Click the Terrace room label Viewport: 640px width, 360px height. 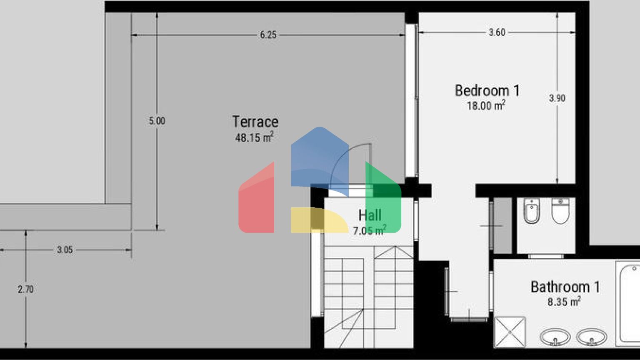pyautogui.click(x=255, y=122)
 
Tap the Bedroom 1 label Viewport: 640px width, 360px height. pyautogui.click(x=487, y=91)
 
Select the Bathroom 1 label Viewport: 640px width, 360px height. pyautogui.click(x=565, y=287)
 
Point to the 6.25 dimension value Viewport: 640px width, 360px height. pyautogui.click(x=268, y=35)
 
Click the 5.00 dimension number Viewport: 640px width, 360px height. pyautogui.click(x=157, y=121)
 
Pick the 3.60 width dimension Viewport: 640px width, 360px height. pyautogui.click(x=497, y=32)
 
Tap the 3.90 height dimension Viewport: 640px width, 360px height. pyautogui.click(x=557, y=99)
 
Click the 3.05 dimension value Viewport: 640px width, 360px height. pyautogui.click(x=65, y=250)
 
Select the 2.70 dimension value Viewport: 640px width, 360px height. pyautogui.click(x=26, y=290)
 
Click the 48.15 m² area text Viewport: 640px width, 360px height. pyautogui.click(x=254, y=137)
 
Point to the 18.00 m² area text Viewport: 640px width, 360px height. pyautogui.click(x=486, y=105)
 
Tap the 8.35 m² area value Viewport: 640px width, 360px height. pyautogui.click(x=564, y=302)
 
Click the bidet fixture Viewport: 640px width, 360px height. pyautogui.click(x=531, y=211)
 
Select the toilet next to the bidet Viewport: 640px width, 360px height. pyautogui.click(x=560, y=211)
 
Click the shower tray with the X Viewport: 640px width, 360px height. pyautogui.click(x=510, y=332)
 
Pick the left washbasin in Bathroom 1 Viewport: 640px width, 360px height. pyautogui.click(x=555, y=337)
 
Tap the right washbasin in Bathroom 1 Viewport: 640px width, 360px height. pyautogui.click(x=591, y=337)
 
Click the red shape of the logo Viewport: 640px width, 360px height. pyautogui.click(x=256, y=200)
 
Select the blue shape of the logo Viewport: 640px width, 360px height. pyautogui.click(x=320, y=160)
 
